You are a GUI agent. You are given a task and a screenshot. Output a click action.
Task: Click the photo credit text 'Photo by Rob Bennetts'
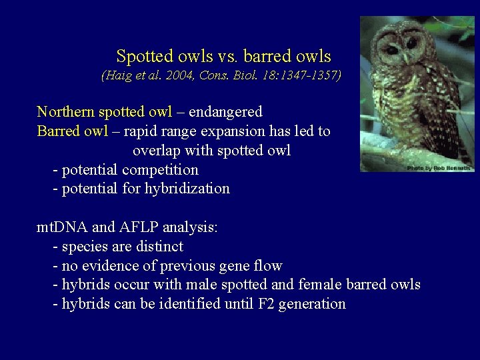439,168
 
